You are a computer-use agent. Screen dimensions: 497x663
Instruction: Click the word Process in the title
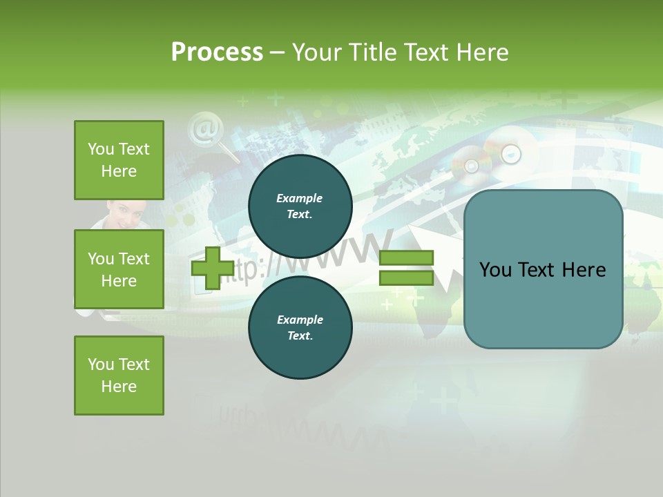point(217,52)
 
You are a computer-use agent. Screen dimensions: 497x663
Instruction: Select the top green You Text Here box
point(119,160)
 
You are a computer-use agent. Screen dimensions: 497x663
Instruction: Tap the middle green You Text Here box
point(119,269)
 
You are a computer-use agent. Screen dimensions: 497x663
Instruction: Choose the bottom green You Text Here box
point(119,376)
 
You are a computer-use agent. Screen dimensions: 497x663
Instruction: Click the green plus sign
point(212,268)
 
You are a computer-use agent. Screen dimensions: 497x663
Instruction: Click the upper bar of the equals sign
point(406,258)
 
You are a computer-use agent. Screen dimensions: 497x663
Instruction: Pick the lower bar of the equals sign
point(406,277)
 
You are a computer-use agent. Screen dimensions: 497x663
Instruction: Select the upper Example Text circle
point(300,206)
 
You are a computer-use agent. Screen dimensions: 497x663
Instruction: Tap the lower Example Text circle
point(300,327)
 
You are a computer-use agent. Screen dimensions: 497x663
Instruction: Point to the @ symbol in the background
point(203,129)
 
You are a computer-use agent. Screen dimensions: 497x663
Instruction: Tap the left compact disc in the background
point(472,166)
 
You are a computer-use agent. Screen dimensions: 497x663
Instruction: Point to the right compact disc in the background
point(510,153)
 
